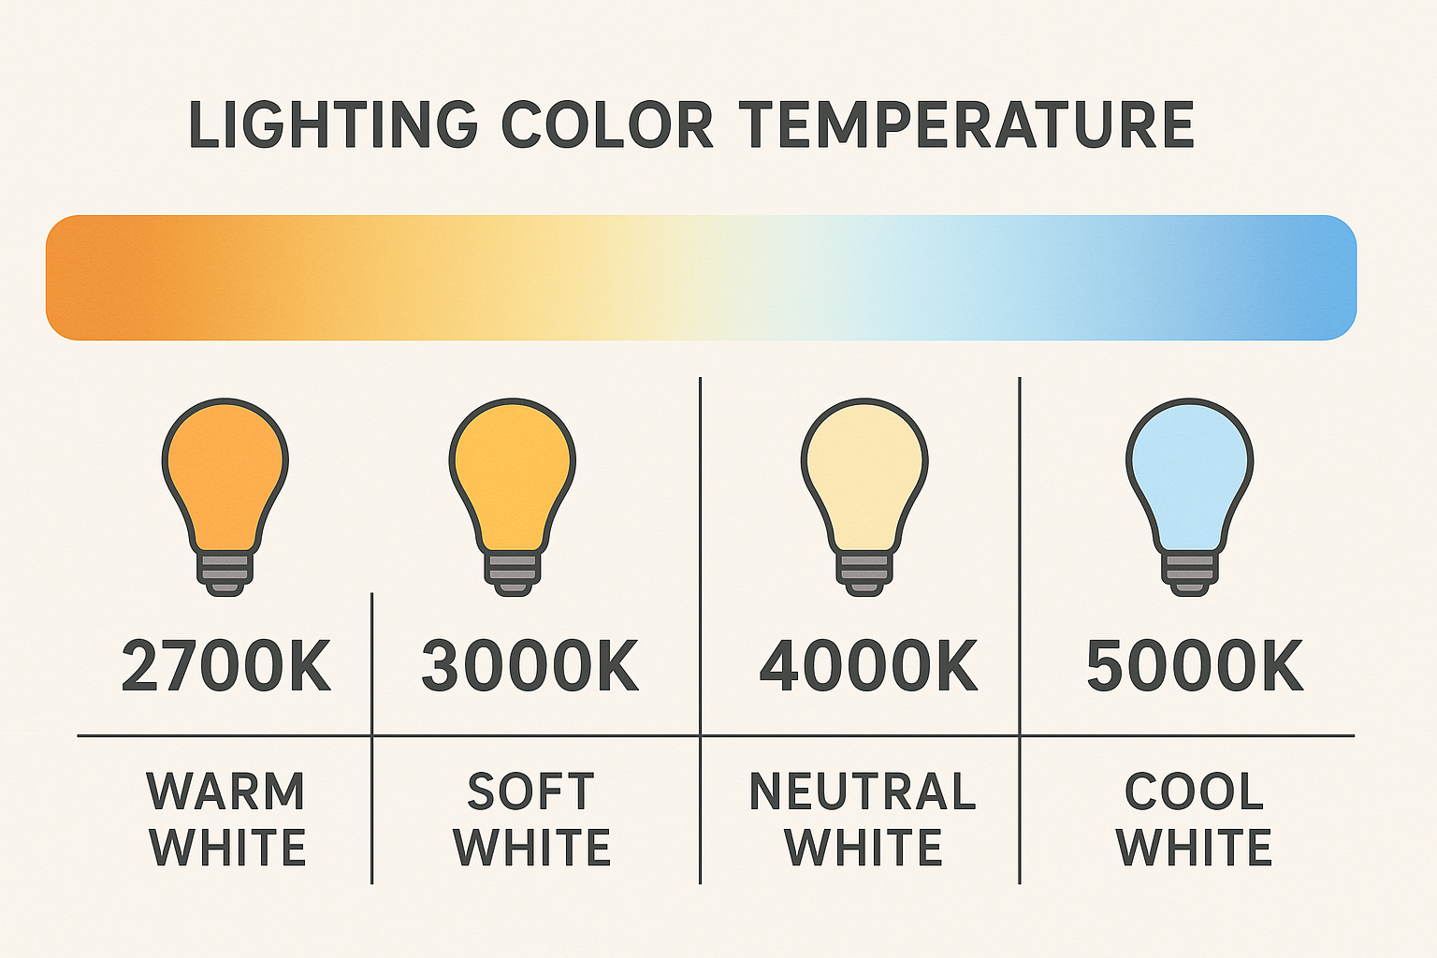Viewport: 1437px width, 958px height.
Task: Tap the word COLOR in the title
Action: [x=607, y=124]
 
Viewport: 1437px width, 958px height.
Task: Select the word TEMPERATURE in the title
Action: [x=966, y=124]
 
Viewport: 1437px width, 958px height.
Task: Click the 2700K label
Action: [x=225, y=666]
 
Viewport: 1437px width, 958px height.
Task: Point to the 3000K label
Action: [x=530, y=666]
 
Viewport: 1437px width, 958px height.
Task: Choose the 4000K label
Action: [x=868, y=666]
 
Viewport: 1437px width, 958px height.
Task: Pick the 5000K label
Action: [x=1195, y=666]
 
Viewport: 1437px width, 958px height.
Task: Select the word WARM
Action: [x=225, y=791]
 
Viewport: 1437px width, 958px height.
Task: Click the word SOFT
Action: [x=530, y=791]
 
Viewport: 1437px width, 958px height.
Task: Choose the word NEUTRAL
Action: [x=863, y=791]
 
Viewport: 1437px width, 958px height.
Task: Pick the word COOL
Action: [x=1194, y=791]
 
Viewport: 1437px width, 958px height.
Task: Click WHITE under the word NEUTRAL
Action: [x=863, y=847]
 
